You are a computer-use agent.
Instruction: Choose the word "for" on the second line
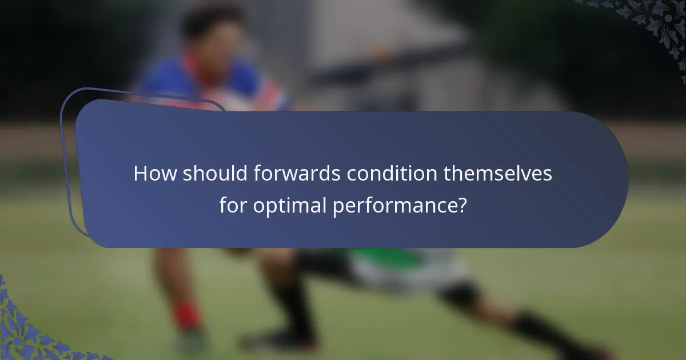click(x=232, y=206)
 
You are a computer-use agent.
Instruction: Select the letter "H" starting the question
click(x=139, y=174)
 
